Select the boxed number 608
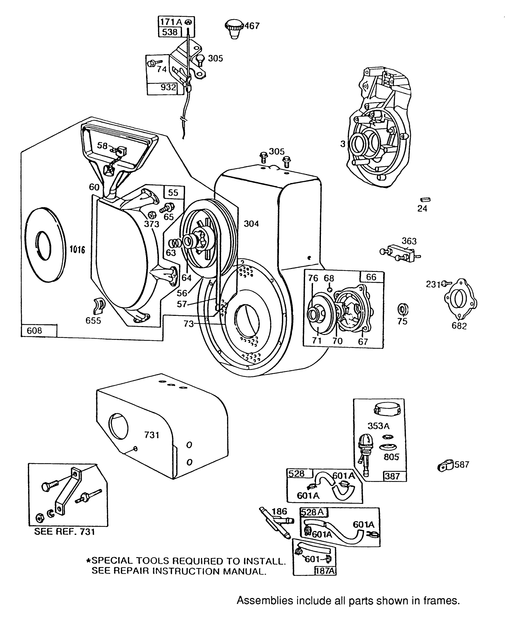[35, 330]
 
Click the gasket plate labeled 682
[460, 299]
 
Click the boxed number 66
[371, 277]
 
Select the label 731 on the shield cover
[152, 435]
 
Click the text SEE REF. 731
[64, 532]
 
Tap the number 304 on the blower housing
[251, 224]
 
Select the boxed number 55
[173, 192]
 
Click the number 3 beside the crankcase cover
[343, 144]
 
